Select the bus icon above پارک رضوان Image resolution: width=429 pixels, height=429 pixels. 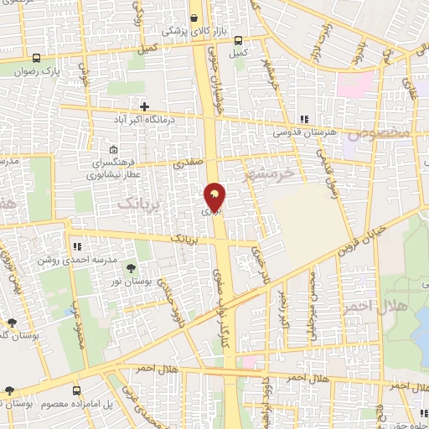click(36, 59)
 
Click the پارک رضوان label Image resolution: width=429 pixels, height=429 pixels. click(36, 71)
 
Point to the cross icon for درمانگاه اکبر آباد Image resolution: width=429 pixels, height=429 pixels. click(144, 107)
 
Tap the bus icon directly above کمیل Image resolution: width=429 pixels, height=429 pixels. click(238, 40)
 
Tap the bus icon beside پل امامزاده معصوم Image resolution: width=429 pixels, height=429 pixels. click(76, 390)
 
